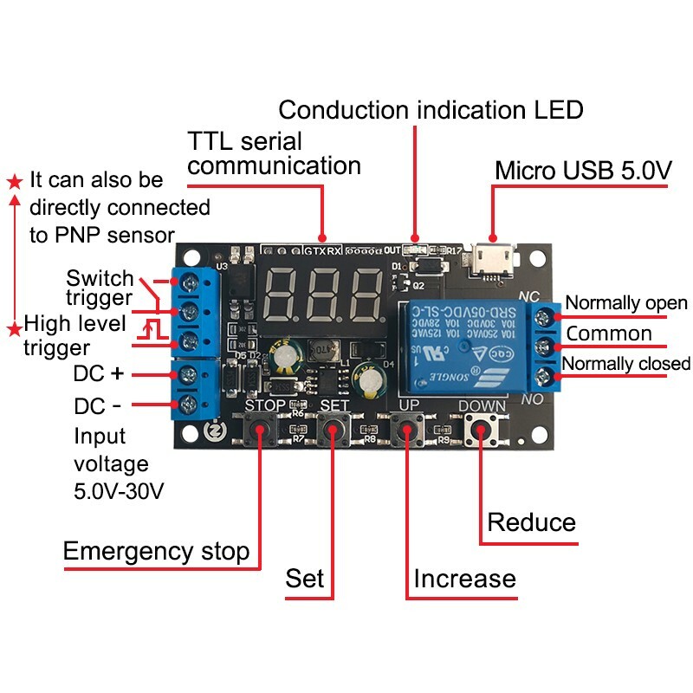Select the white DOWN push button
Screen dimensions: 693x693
pyautogui.click(x=481, y=429)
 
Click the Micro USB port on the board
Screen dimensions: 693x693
pyautogui.click(x=492, y=259)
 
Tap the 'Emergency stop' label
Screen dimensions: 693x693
pyautogui.click(x=156, y=551)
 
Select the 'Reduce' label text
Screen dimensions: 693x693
pyautogui.click(x=531, y=522)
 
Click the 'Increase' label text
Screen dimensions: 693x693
pyautogui.click(x=464, y=579)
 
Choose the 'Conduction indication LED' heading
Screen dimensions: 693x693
pyautogui.click(x=431, y=110)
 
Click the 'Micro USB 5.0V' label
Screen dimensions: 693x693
pyautogui.click(x=583, y=171)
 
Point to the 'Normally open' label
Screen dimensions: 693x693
pyautogui.click(x=626, y=303)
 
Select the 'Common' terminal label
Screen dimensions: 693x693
pyautogui.click(x=609, y=334)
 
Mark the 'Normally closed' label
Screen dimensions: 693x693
pyautogui.click(x=626, y=363)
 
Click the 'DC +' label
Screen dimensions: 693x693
pyautogui.click(x=100, y=374)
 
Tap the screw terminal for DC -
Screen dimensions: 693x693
pyautogui.click(x=187, y=404)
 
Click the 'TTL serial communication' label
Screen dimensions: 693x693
pyautogui.click(x=274, y=152)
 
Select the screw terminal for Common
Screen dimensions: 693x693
pyautogui.click(x=547, y=346)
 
